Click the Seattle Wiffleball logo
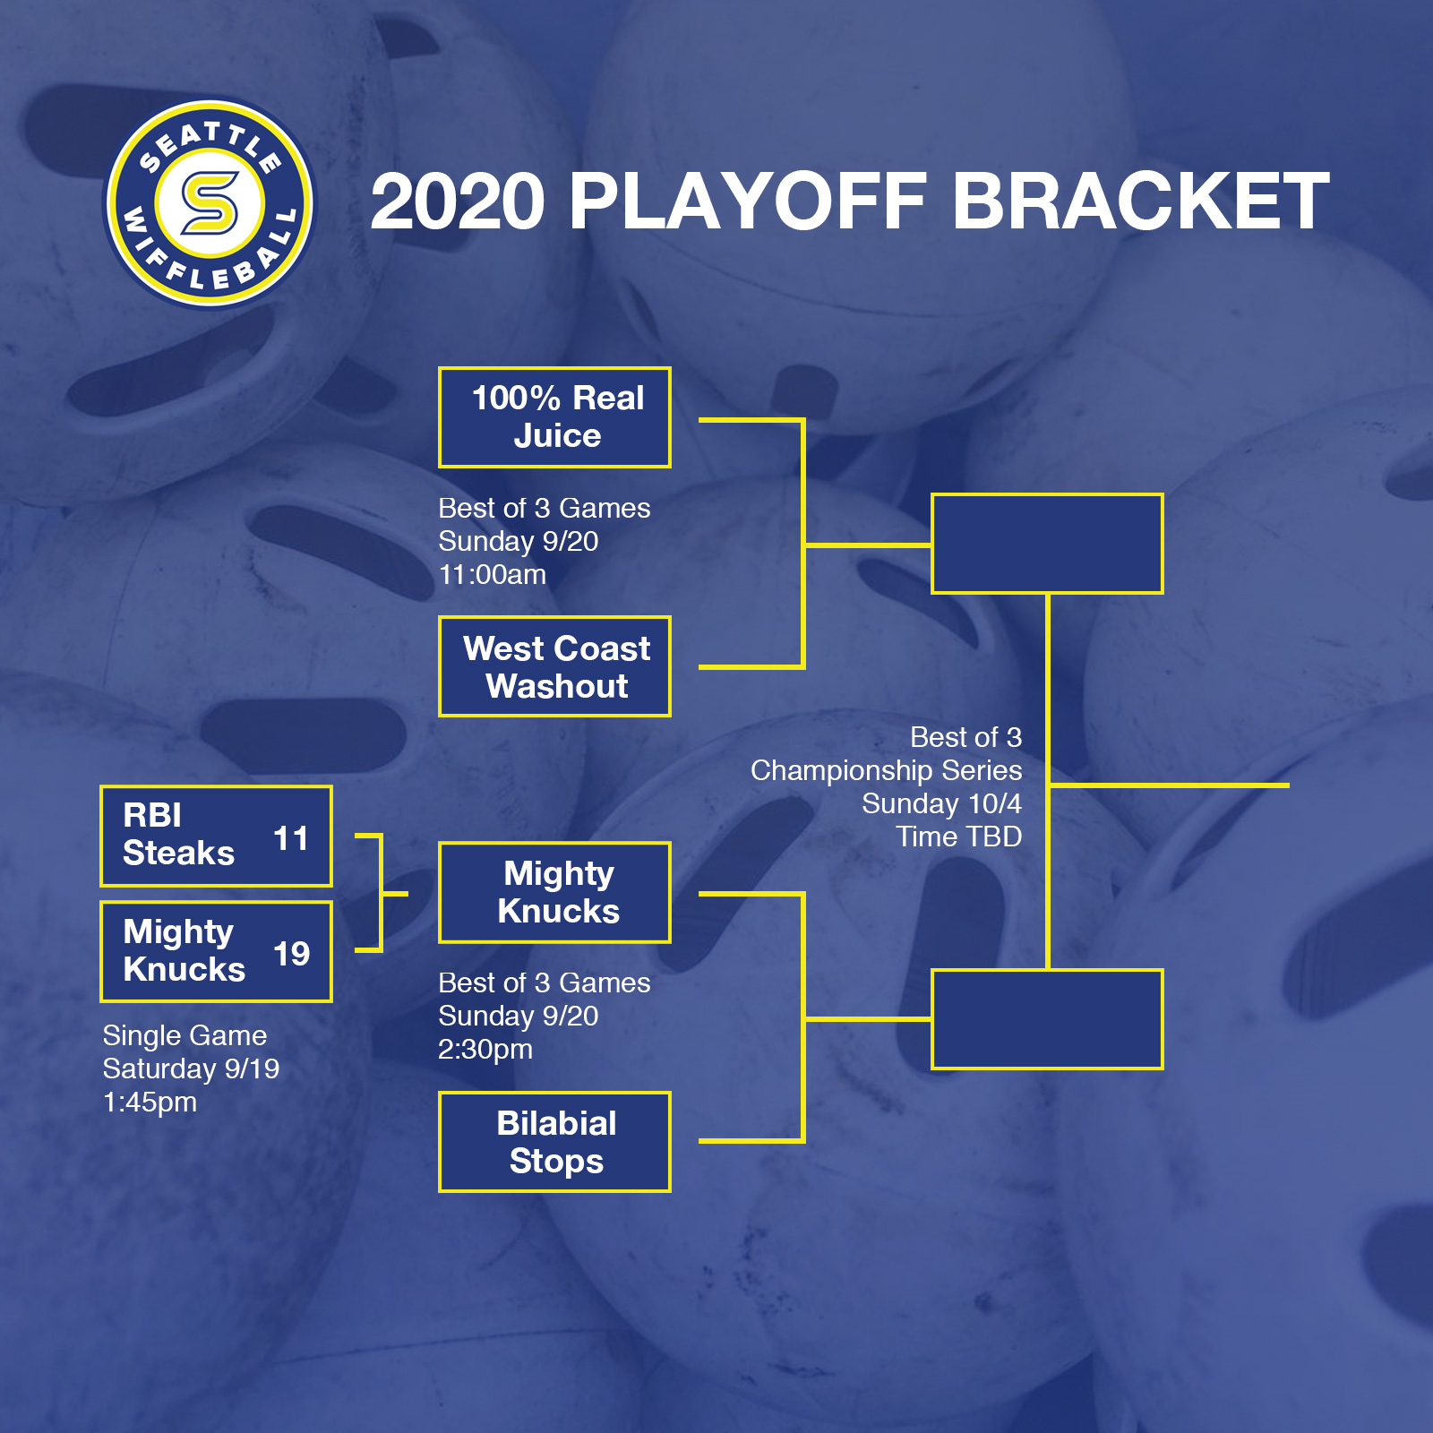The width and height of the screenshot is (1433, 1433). tap(210, 203)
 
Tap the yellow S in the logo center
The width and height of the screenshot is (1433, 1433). tap(210, 202)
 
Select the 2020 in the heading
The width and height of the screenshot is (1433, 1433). tap(458, 202)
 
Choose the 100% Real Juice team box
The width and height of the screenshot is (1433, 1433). tap(554, 417)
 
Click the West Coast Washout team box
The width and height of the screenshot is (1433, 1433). tap(554, 666)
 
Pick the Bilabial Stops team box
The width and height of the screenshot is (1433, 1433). tap(554, 1142)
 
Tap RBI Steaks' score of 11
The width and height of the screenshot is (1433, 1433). tap(290, 838)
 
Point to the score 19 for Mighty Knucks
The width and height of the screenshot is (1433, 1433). tap(291, 954)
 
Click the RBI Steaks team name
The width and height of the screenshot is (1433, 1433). tap(178, 834)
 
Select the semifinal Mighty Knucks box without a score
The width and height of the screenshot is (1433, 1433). tap(554, 892)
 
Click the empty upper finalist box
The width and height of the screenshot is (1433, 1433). tap(1047, 544)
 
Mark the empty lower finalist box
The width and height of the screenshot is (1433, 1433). tap(1047, 1019)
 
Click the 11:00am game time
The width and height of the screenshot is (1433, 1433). tap(492, 575)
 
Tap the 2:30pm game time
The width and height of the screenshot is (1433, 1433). tap(485, 1050)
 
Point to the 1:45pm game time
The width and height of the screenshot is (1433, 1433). tap(150, 1103)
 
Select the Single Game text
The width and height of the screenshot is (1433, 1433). tap(184, 1036)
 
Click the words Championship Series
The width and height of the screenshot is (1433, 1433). tap(886, 770)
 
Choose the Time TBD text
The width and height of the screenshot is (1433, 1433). tap(958, 837)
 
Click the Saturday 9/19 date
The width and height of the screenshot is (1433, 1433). tap(191, 1069)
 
